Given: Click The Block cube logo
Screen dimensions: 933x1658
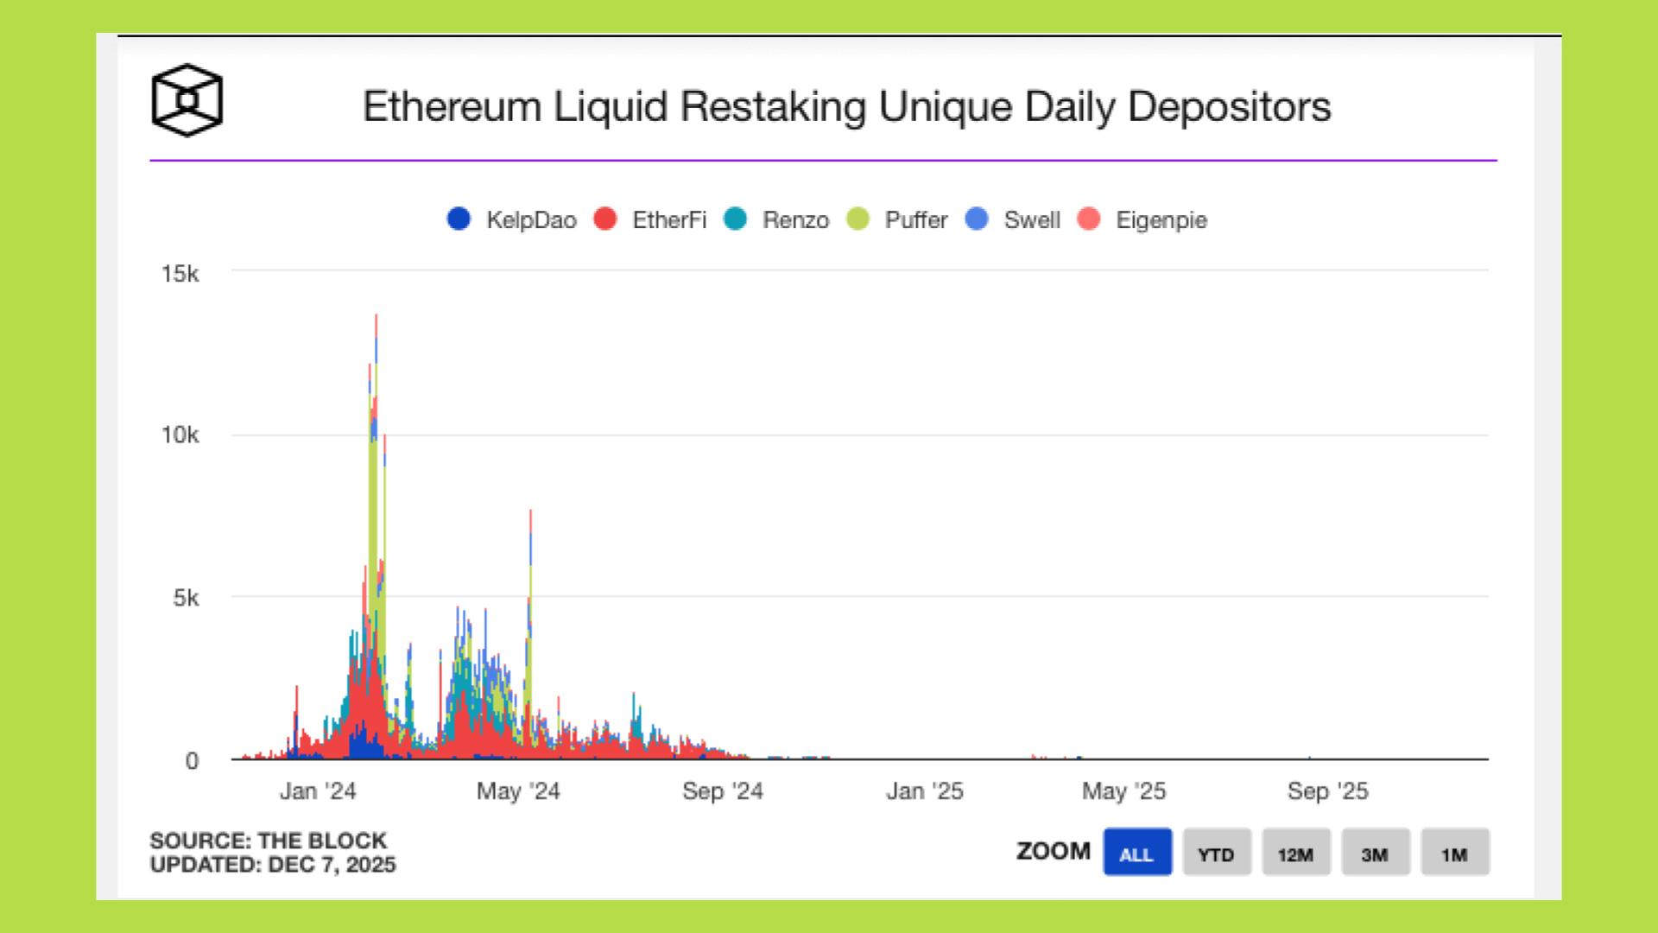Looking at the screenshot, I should coord(187,101).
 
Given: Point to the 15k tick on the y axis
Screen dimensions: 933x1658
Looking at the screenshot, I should coord(180,274).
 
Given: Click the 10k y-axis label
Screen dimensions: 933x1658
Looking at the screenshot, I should coord(180,435).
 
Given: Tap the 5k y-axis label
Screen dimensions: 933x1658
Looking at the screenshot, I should coord(186,598).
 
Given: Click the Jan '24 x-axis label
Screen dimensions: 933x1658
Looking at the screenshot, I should coord(318,791).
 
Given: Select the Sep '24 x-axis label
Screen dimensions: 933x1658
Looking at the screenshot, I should coord(723,791).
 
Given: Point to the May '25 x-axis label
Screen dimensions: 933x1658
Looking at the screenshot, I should coord(1123,791).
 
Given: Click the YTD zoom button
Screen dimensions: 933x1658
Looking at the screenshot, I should coord(1216,854).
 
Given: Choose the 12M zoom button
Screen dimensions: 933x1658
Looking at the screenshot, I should coord(1295,854).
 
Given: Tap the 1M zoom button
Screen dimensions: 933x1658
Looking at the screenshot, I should coord(1454,854).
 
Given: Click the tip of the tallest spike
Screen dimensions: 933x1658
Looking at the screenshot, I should coord(376,315).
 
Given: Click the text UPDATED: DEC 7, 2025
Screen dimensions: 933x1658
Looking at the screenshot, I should coord(273,865).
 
